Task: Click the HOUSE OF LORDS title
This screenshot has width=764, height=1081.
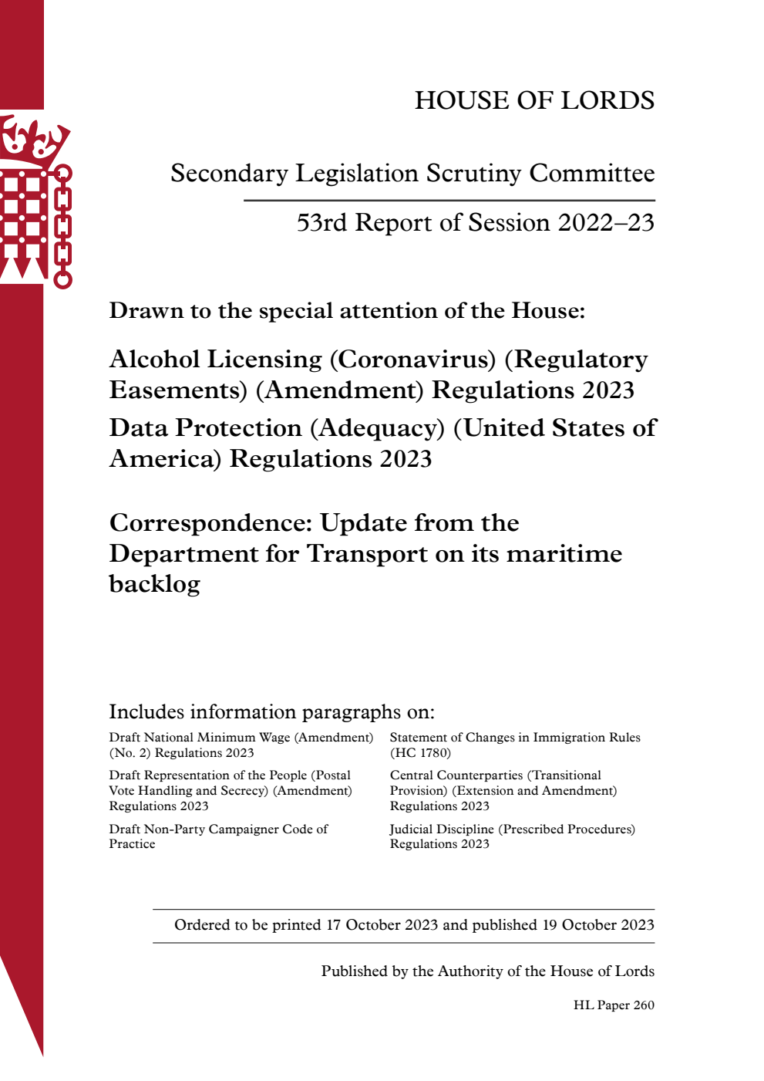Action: click(x=534, y=100)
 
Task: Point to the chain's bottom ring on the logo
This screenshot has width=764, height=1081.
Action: click(x=63, y=279)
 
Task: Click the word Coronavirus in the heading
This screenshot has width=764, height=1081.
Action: click(x=417, y=360)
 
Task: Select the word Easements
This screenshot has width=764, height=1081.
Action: click(x=178, y=390)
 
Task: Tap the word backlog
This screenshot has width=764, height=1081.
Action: click(x=155, y=584)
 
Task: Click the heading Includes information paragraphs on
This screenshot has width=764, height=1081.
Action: click(x=271, y=711)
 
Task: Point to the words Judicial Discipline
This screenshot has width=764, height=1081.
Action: click(x=441, y=829)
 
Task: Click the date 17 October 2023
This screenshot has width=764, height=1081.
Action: click(x=382, y=925)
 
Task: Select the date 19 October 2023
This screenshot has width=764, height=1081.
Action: click(x=598, y=925)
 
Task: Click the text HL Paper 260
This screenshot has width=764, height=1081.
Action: click(x=614, y=1005)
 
